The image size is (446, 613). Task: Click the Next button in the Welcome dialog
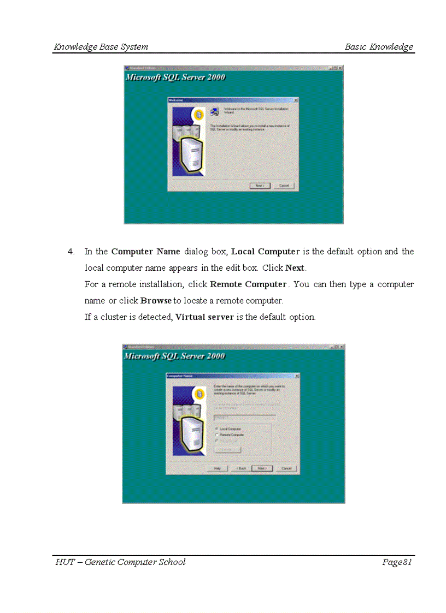click(260, 186)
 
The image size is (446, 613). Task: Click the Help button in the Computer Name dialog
click(217, 468)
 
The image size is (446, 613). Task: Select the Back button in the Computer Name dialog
click(241, 468)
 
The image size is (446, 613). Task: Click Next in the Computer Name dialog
click(262, 468)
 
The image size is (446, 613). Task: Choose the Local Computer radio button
click(217, 429)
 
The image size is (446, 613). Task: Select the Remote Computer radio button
click(217, 435)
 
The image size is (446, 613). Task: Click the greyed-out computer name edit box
click(244, 417)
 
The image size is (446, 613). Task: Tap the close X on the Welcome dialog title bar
click(296, 100)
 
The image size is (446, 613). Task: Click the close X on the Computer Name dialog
click(297, 376)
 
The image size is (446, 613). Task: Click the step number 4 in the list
click(71, 252)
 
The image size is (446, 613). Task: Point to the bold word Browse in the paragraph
click(156, 301)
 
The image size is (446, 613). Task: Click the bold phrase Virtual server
click(204, 317)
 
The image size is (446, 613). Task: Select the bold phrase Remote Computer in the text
click(248, 284)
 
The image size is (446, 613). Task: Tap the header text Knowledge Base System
click(101, 47)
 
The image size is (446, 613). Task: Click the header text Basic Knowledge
click(379, 47)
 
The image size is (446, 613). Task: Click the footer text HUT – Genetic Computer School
click(120, 562)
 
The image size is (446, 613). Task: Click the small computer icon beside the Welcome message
click(215, 111)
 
